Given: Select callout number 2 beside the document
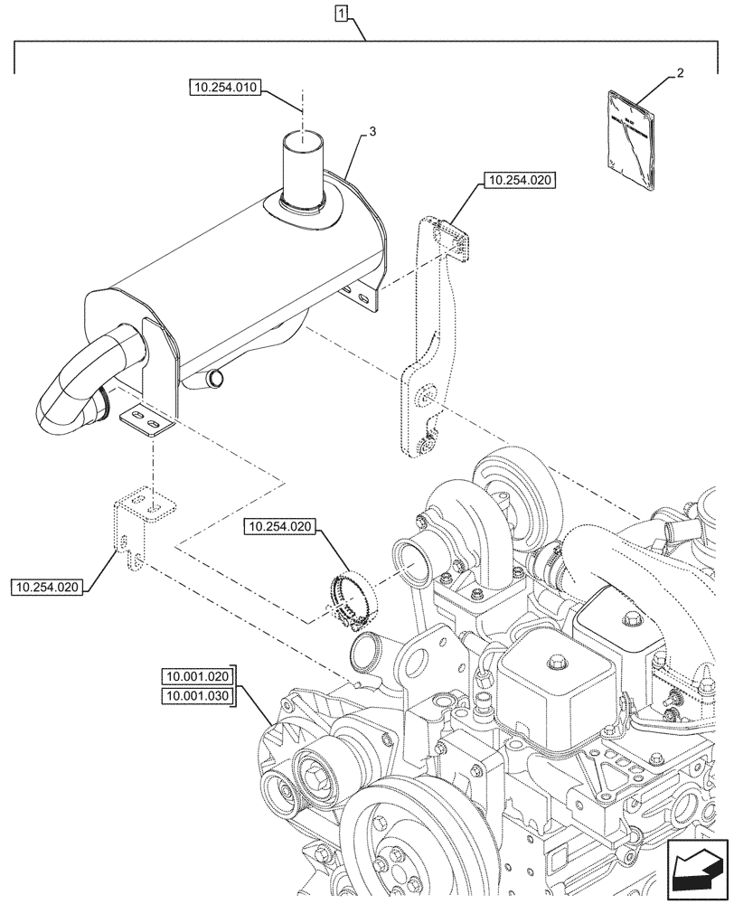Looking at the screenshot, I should click(680, 74).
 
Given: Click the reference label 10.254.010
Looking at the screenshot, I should click(225, 88).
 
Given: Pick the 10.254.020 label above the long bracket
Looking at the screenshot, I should click(520, 181).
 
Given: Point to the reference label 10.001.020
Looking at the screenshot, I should click(198, 676).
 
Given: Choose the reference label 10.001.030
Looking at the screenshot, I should click(198, 695).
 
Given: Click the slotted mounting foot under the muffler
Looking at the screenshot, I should click(145, 421).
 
